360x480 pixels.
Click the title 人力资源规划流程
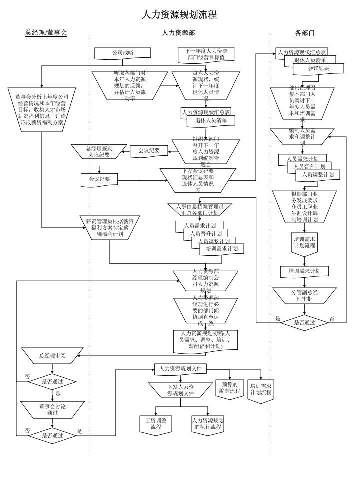coord(180,15)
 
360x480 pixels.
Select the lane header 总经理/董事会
coord(46,33)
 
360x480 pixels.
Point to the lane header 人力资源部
coord(178,33)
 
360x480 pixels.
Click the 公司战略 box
coord(122,52)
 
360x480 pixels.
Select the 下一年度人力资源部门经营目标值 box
coord(206,54)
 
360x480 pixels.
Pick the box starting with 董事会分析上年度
coord(42,109)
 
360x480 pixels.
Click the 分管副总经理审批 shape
coord(304,295)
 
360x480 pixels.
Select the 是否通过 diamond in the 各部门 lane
coord(304,322)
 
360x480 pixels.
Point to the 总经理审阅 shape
coord(52,356)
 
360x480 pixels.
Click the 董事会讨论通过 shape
coord(52,409)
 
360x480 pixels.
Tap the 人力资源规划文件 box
coord(180,369)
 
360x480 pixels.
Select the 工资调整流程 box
coord(156,424)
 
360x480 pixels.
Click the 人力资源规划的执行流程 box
coord(208,424)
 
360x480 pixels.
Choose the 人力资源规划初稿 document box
coord(205,340)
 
